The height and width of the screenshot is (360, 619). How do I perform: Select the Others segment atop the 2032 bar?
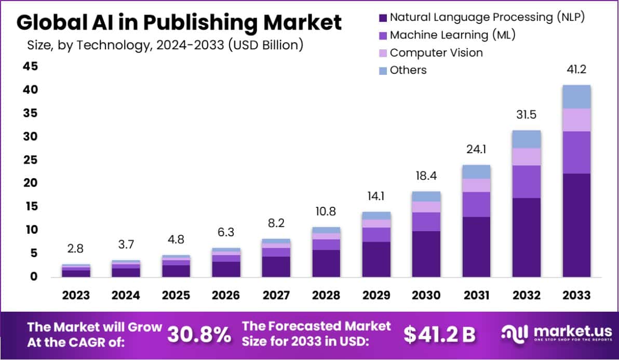click(527, 139)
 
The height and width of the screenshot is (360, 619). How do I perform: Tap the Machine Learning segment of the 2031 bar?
click(476, 204)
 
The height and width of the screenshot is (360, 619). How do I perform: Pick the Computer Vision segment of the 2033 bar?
click(576, 120)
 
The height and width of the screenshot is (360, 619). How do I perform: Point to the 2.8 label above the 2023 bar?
click(76, 248)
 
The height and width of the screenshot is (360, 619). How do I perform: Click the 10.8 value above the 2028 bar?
click(326, 212)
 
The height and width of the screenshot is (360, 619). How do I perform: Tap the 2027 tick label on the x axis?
click(276, 295)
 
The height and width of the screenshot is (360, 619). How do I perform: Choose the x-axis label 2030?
click(426, 295)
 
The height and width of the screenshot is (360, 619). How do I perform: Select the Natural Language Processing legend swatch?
click(383, 18)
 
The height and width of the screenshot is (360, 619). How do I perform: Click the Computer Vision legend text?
click(436, 52)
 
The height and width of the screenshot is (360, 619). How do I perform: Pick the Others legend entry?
click(408, 70)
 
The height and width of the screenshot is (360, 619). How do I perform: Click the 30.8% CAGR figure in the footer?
click(199, 335)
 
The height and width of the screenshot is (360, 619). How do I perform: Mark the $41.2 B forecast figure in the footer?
click(439, 335)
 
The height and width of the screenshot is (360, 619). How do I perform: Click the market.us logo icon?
click(514, 334)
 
